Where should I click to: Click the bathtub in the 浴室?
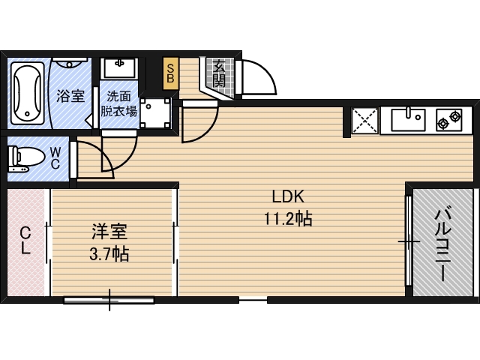tap(28, 94)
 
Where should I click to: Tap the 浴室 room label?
tap(70, 96)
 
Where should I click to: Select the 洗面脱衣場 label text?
tap(119, 104)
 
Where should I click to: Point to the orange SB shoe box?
tap(171, 73)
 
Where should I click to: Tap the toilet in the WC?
tap(25, 158)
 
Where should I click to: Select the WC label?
tap(56, 158)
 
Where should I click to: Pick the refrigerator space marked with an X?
tap(365, 121)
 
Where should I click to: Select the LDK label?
tap(286, 197)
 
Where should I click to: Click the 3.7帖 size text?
tap(109, 254)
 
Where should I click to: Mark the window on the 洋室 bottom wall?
tap(109, 300)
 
